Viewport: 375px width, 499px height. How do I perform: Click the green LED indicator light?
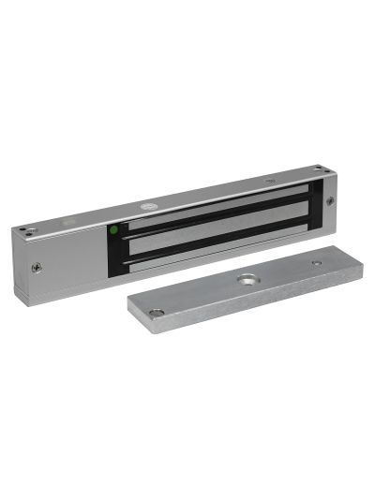(113, 229)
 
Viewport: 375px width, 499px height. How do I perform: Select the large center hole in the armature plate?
(248, 279)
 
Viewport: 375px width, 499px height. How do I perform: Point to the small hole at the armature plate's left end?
(157, 312)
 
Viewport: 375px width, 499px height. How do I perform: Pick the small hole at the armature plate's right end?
(316, 263)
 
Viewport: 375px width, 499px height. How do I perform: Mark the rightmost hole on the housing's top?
(319, 169)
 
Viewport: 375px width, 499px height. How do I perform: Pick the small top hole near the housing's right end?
(270, 180)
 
